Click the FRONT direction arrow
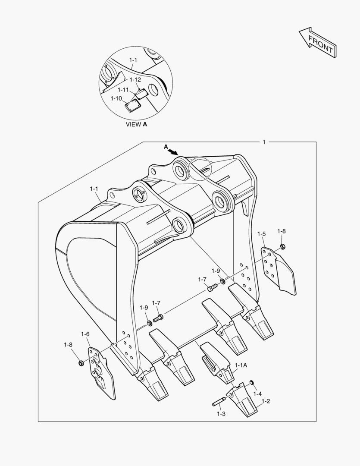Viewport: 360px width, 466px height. click(317, 43)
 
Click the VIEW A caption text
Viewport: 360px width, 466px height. click(136, 124)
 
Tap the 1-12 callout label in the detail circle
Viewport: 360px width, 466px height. click(135, 80)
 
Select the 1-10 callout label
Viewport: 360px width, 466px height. click(116, 98)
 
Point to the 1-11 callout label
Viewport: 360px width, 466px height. click(123, 90)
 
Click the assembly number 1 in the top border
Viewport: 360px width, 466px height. click(264, 142)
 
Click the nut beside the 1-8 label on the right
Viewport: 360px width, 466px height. click(282, 247)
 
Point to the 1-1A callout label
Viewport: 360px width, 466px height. click(241, 365)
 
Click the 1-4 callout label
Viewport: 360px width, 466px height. click(257, 394)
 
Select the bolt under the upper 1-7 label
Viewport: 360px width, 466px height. click(211, 288)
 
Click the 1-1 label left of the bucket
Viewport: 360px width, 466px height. click(94, 189)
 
